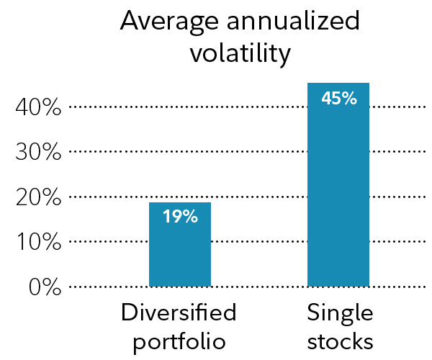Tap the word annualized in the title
click(296, 22)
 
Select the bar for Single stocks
click(338, 187)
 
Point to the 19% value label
click(180, 216)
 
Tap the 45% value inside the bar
click(338, 98)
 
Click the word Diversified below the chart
click(179, 313)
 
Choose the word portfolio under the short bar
click(179, 341)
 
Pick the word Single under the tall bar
click(339, 313)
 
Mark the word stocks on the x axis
click(339, 341)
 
